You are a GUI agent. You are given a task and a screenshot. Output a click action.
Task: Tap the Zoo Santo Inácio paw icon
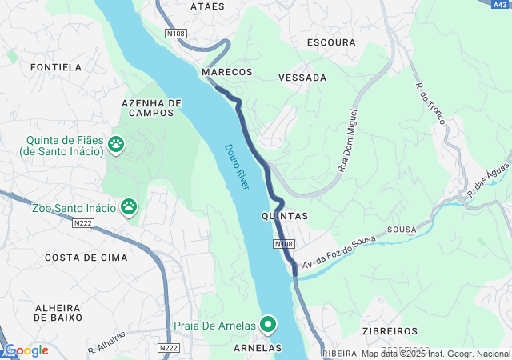pos(129,208)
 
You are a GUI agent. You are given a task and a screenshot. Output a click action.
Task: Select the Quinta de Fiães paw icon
pos(117,144)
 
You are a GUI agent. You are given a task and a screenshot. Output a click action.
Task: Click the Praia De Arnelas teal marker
pos(268,325)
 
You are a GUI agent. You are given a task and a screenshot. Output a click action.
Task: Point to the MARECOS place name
pos(227,72)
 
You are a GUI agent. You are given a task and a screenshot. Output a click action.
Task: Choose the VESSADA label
pos(302,78)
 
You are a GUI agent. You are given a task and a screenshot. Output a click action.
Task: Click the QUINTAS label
pos(284,216)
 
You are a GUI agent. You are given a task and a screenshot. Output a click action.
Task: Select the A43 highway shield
pos(501,4)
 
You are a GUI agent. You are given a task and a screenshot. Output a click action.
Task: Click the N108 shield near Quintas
pos(283,243)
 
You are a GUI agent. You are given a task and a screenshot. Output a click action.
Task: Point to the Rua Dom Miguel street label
pos(346,143)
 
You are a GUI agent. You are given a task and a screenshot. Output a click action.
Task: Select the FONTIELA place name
pos(56,67)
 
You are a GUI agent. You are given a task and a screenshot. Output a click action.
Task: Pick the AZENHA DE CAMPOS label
pos(151,108)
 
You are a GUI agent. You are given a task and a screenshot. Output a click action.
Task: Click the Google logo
pos(26,350)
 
